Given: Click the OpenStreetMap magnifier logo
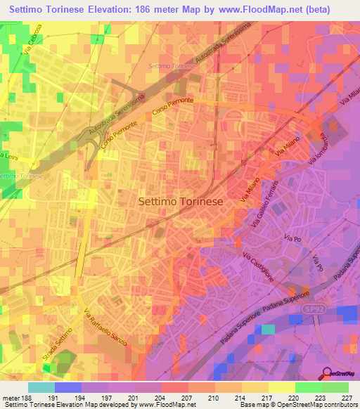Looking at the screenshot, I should pos(327,373).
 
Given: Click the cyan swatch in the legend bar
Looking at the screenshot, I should pos(41,387).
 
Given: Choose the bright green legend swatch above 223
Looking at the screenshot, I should pos(309,387).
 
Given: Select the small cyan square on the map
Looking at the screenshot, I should pos(268,329).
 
